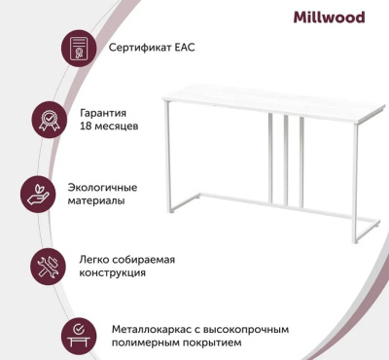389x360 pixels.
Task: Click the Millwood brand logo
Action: (x=329, y=17)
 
